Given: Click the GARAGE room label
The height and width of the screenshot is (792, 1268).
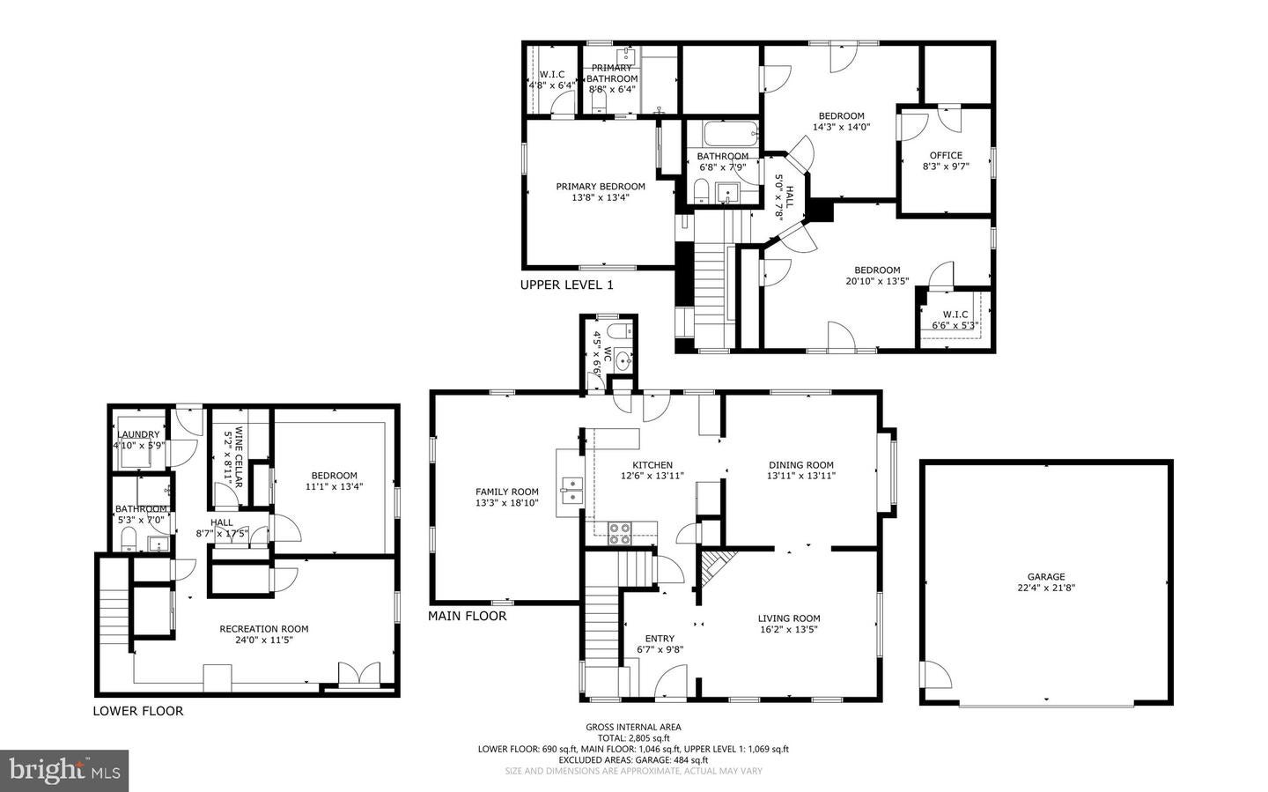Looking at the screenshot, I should [x=1046, y=577].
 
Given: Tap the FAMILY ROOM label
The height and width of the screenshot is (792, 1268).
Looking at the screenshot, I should [x=506, y=492].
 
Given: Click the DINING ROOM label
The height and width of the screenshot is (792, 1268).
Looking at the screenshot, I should [x=800, y=465].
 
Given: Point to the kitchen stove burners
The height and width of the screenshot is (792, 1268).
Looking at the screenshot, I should [x=620, y=531].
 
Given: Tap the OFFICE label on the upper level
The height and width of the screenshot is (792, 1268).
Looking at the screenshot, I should [x=946, y=155].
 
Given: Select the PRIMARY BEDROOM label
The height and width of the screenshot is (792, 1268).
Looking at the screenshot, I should [x=600, y=186].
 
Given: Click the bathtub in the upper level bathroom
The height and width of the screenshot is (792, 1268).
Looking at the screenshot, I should [x=730, y=135].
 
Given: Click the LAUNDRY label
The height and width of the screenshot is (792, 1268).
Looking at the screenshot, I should [x=138, y=434].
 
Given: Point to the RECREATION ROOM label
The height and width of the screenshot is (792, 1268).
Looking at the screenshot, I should [x=263, y=629].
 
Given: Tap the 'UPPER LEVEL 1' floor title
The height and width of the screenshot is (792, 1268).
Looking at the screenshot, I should [x=566, y=285].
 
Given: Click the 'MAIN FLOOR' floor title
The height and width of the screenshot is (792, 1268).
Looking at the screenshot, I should [x=467, y=616].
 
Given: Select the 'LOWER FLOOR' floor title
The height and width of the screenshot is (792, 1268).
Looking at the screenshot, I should [x=138, y=711].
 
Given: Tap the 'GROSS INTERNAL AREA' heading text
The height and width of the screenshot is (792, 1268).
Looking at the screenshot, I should [x=633, y=727].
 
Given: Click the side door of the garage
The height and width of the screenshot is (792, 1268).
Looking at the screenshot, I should [x=935, y=676].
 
